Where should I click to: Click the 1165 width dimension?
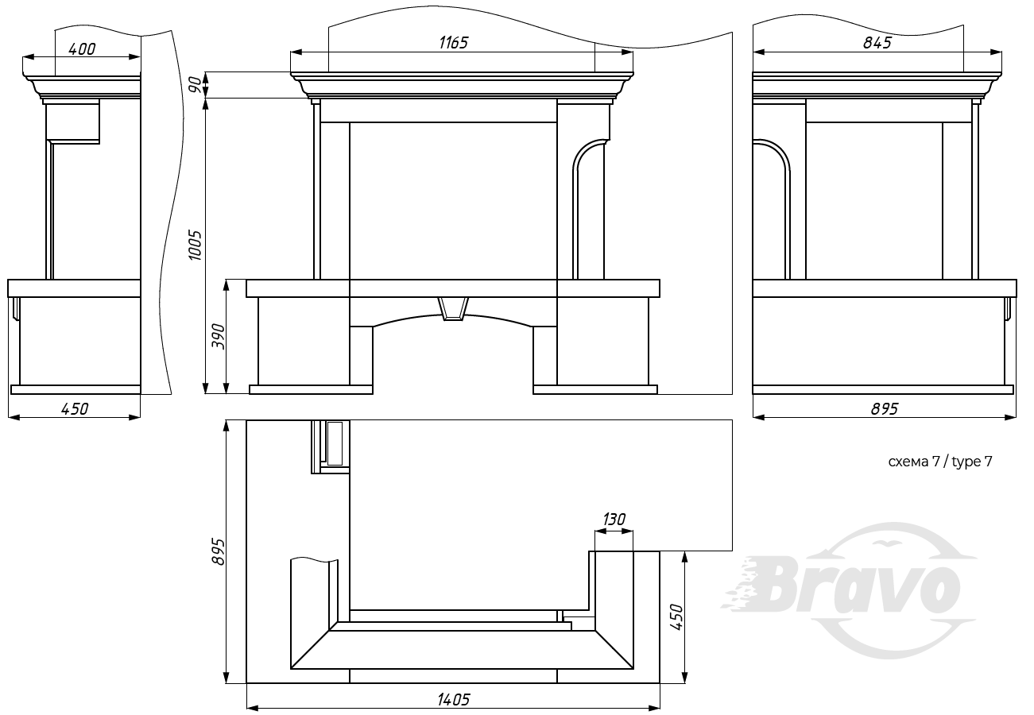(x=453, y=43)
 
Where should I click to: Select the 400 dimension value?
(x=82, y=49)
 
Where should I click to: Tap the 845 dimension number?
(x=877, y=43)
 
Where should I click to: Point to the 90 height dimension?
(x=196, y=85)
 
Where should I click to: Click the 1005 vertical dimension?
(x=196, y=245)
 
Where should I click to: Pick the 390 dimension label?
(x=218, y=336)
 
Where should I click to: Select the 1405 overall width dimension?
(x=453, y=700)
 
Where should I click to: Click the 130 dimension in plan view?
(x=614, y=520)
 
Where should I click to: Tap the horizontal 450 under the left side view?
(x=75, y=408)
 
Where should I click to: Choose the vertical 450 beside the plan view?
(x=676, y=617)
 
